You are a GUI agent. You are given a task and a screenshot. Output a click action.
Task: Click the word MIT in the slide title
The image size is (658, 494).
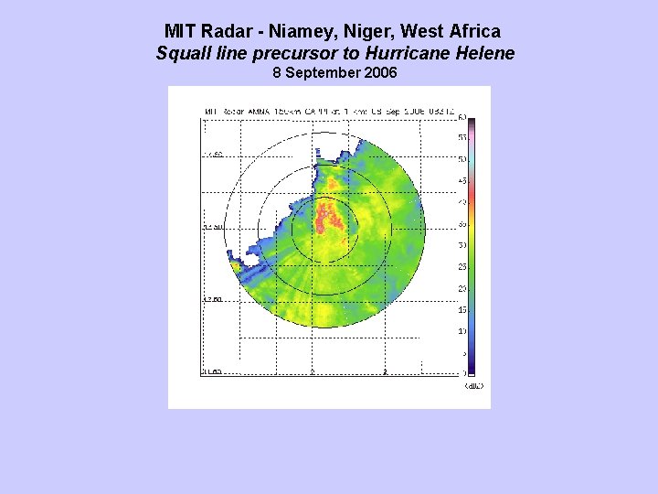pos(182,32)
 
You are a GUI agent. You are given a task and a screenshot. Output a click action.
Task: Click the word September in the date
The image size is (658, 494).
pos(324,72)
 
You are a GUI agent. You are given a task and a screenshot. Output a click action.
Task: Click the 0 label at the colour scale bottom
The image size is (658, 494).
pos(463,373)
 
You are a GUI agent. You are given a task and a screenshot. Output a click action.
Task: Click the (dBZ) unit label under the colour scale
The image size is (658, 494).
pos(473,386)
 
